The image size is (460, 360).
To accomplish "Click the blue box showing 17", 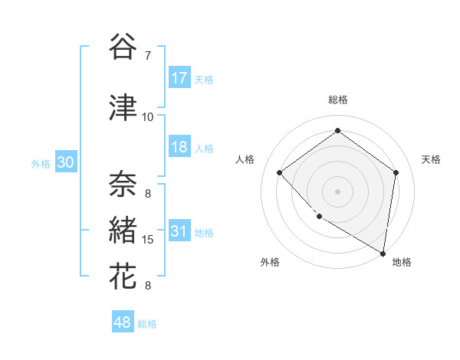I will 179,78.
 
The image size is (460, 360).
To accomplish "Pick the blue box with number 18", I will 179,147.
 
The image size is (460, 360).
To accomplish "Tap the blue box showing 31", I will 179,231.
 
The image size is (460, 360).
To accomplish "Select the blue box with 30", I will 65,162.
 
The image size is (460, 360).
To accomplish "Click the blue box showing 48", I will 123,322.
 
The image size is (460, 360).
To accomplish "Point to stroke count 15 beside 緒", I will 148,240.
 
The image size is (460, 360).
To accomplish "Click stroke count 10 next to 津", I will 148,117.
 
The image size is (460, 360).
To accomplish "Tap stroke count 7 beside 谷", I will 147,56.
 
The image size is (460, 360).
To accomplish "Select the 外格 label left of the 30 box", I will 40,163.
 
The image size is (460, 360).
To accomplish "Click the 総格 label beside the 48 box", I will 147,324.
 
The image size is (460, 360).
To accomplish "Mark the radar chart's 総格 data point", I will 337,131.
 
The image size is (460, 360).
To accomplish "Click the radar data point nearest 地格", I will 383,253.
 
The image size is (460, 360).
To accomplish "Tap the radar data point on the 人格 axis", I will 280,172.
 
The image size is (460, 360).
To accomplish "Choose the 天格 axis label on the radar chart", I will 431,159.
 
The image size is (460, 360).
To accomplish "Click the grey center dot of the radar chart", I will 337,191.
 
